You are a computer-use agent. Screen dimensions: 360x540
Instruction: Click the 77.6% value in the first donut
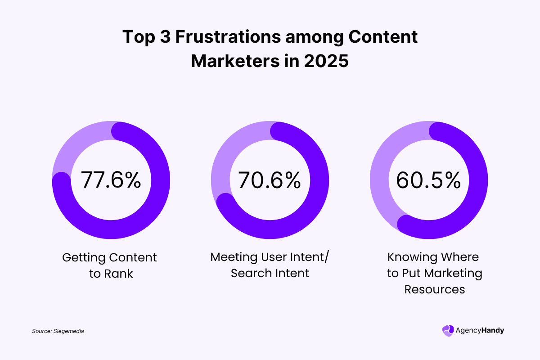click(x=111, y=180)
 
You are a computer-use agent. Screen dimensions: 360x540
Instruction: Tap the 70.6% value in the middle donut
click(x=269, y=180)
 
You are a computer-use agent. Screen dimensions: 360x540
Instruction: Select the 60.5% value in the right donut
click(x=428, y=180)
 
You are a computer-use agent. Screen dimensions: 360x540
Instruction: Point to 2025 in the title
click(x=327, y=61)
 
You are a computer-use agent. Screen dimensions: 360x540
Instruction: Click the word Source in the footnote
click(x=42, y=331)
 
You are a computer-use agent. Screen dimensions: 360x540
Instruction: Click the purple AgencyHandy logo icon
click(x=448, y=330)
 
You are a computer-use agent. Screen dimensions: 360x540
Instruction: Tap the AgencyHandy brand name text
click(x=480, y=330)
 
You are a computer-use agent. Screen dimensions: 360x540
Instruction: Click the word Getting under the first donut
click(x=83, y=257)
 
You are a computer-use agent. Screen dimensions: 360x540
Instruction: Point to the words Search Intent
click(x=270, y=273)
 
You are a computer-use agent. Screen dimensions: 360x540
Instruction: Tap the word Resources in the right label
click(x=434, y=289)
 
